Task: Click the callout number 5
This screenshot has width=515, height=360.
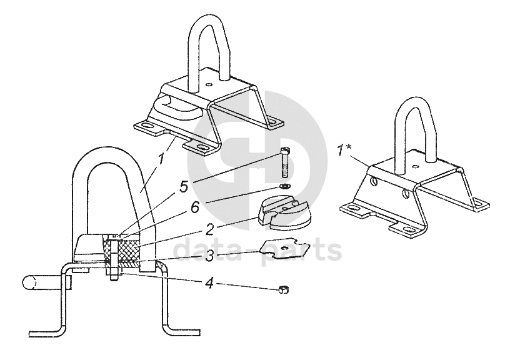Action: click(184, 187)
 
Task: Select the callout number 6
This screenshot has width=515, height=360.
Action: click(195, 207)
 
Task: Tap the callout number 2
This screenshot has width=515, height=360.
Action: click(210, 229)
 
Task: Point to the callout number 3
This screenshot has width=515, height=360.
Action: click(210, 256)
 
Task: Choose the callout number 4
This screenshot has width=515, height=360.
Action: click(209, 282)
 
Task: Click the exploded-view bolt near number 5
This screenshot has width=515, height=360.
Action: click(285, 162)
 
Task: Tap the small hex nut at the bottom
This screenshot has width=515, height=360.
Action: click(283, 289)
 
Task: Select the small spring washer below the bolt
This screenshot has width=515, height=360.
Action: click(284, 187)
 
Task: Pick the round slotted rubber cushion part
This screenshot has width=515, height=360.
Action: click(284, 213)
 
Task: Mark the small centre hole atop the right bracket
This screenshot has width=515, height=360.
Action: click(416, 166)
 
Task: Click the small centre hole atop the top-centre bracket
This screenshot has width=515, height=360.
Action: click(208, 84)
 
